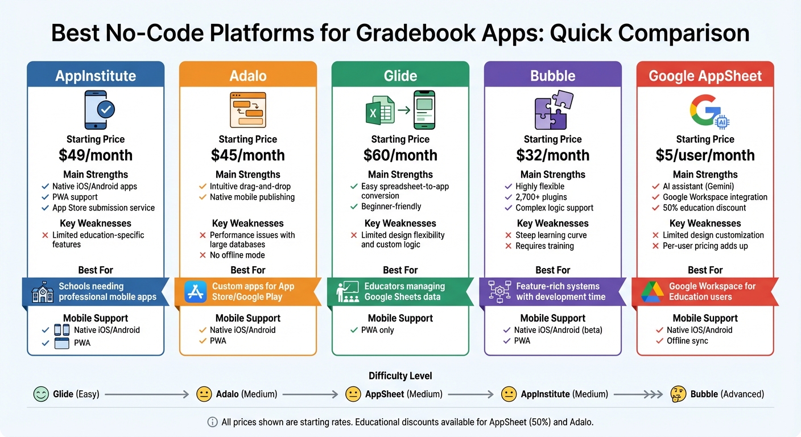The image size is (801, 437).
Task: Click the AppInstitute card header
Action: click(x=96, y=76)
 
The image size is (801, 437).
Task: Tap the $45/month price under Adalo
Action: click(x=248, y=155)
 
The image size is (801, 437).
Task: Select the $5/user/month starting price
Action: click(x=705, y=155)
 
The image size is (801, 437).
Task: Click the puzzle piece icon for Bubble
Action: click(x=553, y=110)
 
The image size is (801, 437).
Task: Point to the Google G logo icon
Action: click(x=705, y=110)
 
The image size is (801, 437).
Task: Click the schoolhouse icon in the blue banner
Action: click(x=43, y=292)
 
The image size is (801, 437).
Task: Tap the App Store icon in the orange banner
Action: click(x=196, y=292)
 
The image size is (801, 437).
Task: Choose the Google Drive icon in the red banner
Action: click(x=653, y=292)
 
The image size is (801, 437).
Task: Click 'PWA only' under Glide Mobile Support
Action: click(x=378, y=330)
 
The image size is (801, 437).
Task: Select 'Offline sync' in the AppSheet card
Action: click(x=687, y=341)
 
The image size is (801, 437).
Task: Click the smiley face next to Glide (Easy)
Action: click(x=41, y=394)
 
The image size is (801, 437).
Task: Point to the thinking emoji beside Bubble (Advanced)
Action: click(x=678, y=394)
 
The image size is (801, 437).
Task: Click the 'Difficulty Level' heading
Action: click(x=400, y=376)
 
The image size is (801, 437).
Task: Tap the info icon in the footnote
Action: click(x=212, y=422)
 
